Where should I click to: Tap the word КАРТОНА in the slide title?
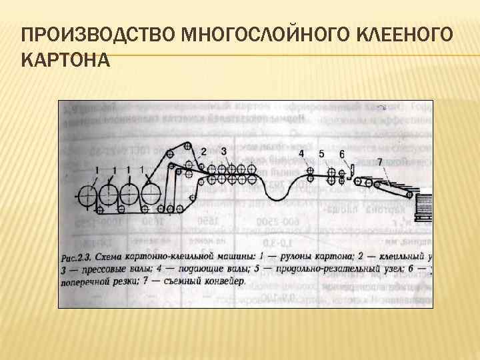65,61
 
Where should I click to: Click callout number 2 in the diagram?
203,151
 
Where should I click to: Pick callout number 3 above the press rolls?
224,151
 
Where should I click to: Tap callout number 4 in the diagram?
301,153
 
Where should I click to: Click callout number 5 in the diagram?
321,153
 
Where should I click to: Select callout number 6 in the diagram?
342,154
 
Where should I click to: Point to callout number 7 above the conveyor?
379,162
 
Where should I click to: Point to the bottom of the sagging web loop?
276,198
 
